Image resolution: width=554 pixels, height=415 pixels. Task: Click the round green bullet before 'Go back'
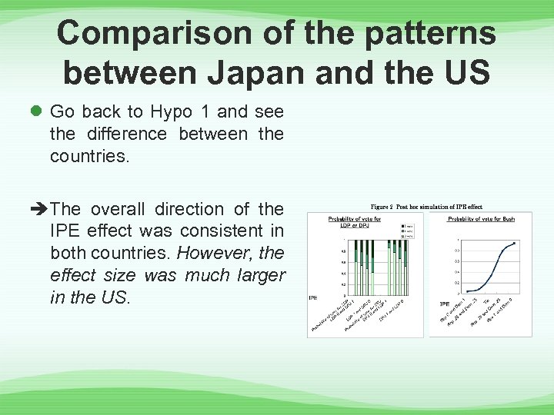pos(36,112)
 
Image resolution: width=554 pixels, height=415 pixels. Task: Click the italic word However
pos(212,253)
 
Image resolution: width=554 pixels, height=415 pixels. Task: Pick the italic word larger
pos(255,275)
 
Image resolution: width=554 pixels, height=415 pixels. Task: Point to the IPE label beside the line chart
pos(445,304)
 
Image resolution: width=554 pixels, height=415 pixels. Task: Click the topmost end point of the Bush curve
pos(513,243)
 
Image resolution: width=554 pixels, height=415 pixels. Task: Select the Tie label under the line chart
pos(486,301)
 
